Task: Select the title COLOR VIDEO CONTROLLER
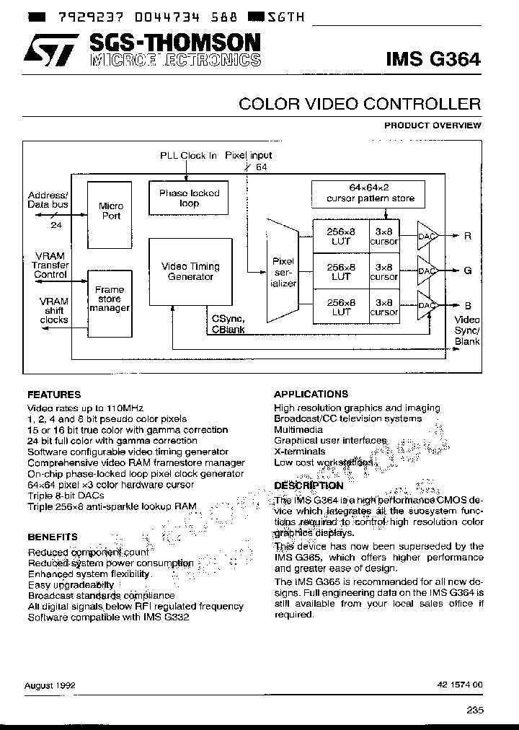(x=359, y=105)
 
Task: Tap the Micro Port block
(x=110, y=211)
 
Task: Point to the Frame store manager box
(x=110, y=299)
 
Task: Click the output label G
(x=467, y=271)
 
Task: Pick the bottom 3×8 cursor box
(x=383, y=306)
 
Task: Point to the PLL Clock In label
(x=188, y=155)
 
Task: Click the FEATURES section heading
(x=54, y=395)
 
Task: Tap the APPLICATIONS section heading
(x=311, y=395)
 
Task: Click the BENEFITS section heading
(x=53, y=537)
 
